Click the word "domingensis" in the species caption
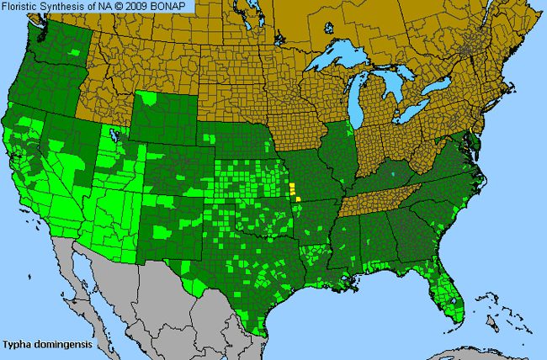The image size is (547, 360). pos(63,344)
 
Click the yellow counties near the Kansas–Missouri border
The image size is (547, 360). pos(294,192)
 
